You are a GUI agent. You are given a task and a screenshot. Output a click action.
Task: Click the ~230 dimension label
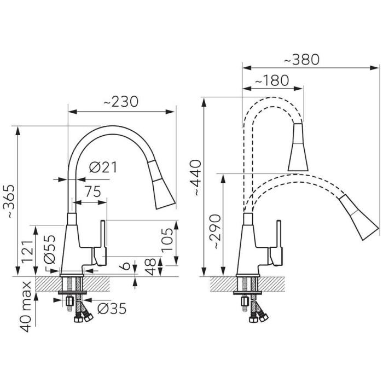121,102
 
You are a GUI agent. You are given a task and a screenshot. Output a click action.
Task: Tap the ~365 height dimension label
9,201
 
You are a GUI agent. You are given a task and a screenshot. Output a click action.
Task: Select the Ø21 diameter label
103,167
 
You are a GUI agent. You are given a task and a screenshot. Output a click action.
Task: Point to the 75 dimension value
93,191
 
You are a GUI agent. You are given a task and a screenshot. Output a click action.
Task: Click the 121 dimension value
27,251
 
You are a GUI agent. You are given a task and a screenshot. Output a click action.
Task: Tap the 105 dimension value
167,240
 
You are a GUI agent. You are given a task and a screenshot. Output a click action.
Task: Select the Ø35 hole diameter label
112,309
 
